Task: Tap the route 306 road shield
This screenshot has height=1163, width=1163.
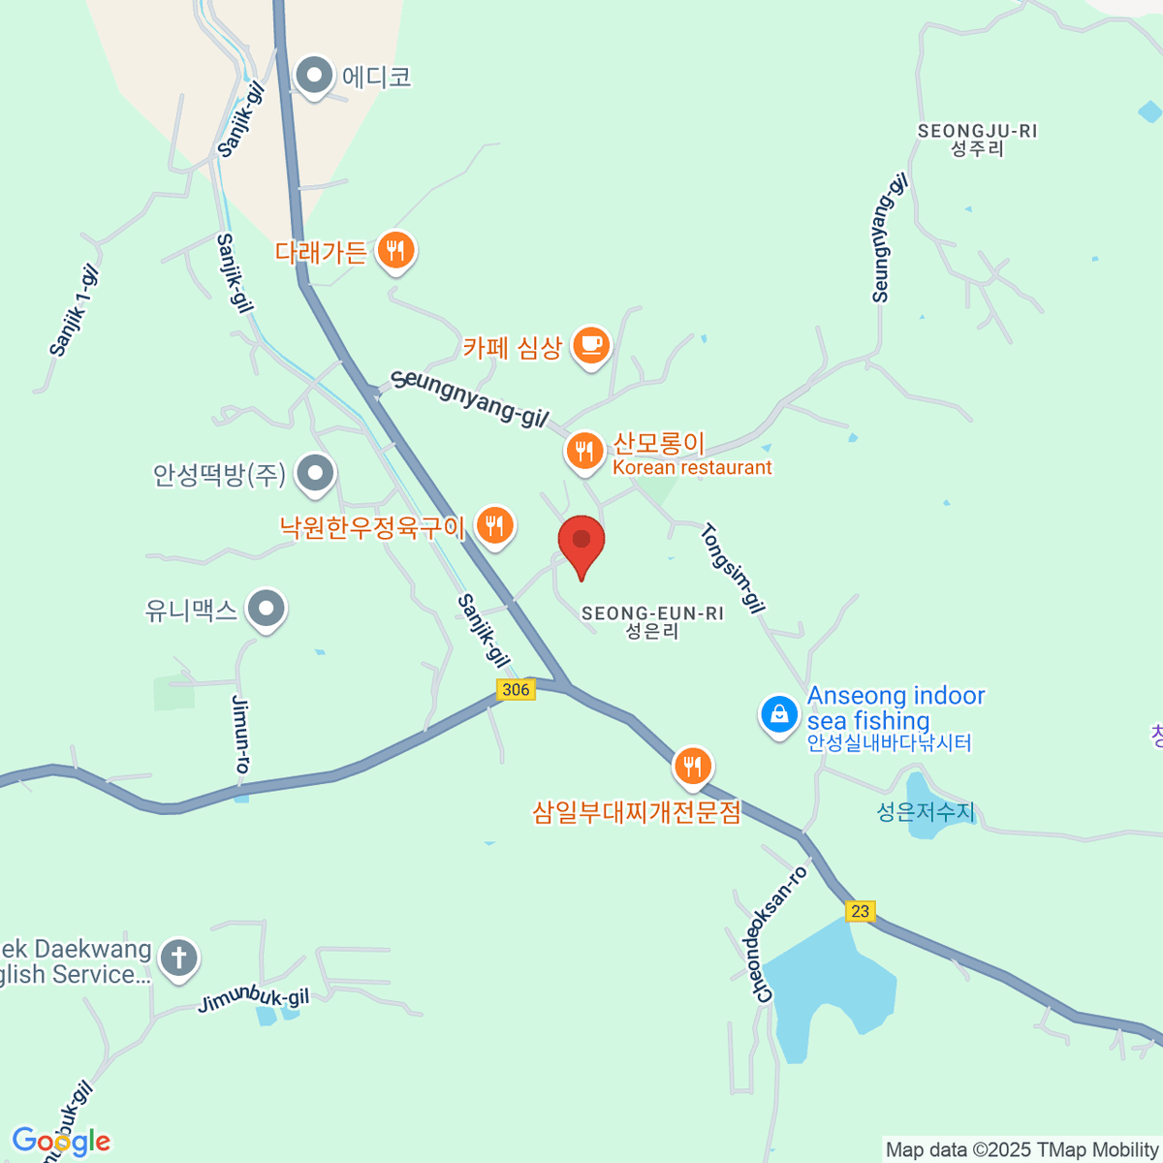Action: click(x=516, y=689)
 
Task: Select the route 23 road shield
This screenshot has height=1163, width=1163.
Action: click(x=860, y=911)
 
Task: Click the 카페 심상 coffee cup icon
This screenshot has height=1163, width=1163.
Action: click(x=590, y=344)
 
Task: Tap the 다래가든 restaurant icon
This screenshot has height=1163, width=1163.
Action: click(x=394, y=251)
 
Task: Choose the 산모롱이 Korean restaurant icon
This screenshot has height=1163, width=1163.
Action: click(x=583, y=451)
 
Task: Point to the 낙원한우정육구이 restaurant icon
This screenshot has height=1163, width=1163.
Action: click(x=495, y=526)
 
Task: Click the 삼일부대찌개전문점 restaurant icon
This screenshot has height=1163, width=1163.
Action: click(x=692, y=767)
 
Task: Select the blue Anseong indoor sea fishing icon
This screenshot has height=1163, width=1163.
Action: click(x=778, y=715)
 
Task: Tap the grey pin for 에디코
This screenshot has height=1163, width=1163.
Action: click(x=314, y=75)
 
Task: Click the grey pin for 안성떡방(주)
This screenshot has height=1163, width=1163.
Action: click(x=315, y=474)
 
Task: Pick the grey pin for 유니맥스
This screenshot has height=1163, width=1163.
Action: click(x=266, y=610)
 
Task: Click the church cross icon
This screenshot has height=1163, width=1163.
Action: click(x=178, y=958)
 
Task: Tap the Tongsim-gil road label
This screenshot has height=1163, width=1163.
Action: click(x=733, y=568)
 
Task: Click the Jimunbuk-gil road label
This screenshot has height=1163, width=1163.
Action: click(x=253, y=1000)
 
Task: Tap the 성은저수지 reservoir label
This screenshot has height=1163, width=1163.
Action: click(x=926, y=811)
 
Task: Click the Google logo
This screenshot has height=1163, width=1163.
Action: click(x=61, y=1142)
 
